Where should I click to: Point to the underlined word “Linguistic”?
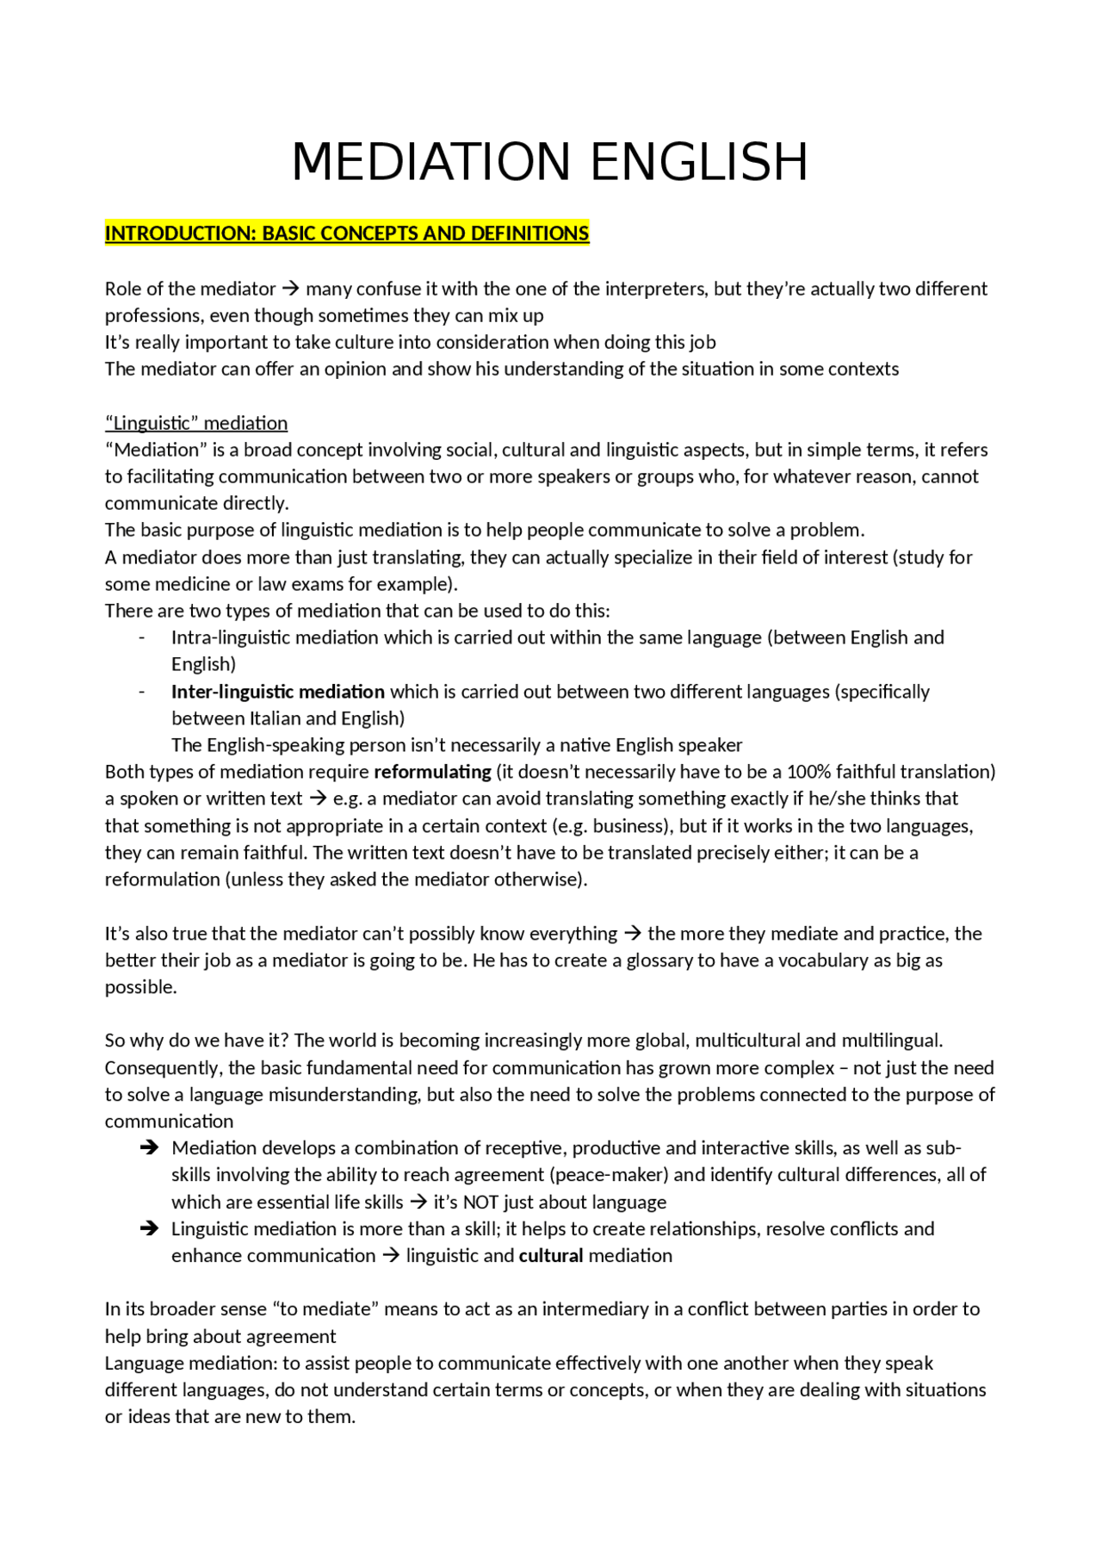(152, 423)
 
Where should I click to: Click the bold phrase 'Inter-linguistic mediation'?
(277, 692)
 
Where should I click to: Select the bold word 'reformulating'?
(432, 772)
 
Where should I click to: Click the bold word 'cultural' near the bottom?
(551, 1256)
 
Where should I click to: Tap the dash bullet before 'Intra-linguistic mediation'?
(141, 638)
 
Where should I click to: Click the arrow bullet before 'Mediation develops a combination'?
(149, 1148)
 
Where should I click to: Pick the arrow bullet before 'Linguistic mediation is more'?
(149, 1229)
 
